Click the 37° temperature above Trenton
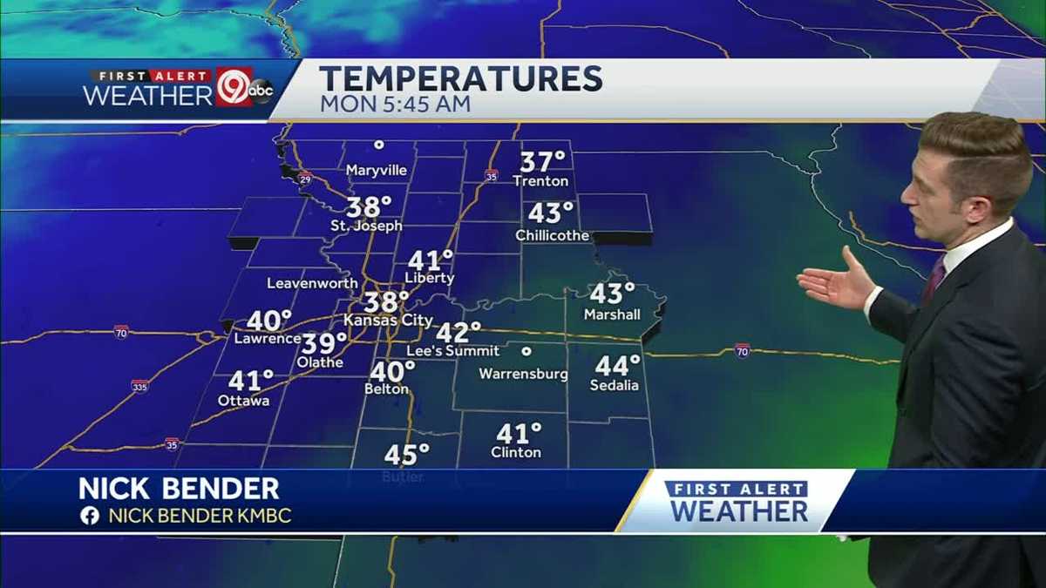(x=542, y=162)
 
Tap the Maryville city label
(x=377, y=171)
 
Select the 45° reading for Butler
(x=406, y=455)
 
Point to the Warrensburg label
(x=523, y=375)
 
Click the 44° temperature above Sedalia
(x=617, y=366)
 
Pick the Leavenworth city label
(x=312, y=283)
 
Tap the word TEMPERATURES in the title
(x=460, y=79)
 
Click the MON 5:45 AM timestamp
(x=395, y=105)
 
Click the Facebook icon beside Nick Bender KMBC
(x=89, y=516)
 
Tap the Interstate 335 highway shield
(x=139, y=385)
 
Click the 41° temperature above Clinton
(x=518, y=434)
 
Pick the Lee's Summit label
(x=454, y=351)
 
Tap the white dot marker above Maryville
(x=378, y=145)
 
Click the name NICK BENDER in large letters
(x=179, y=489)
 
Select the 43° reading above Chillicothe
(x=551, y=213)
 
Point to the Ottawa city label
(x=243, y=401)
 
